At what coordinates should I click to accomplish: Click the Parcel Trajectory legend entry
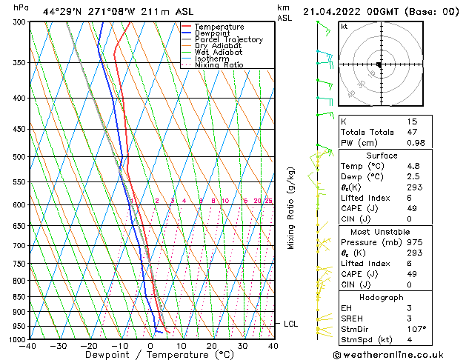[228, 39]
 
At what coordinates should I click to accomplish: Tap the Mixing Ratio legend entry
[219, 65]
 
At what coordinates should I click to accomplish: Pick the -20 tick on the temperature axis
[89, 346]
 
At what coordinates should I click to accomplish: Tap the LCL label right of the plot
[291, 324]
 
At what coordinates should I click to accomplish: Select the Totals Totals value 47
[413, 132]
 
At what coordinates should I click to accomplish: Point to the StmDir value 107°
[416, 329]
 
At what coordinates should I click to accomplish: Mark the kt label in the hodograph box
[344, 26]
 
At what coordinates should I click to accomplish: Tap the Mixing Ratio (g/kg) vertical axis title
[291, 207]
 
